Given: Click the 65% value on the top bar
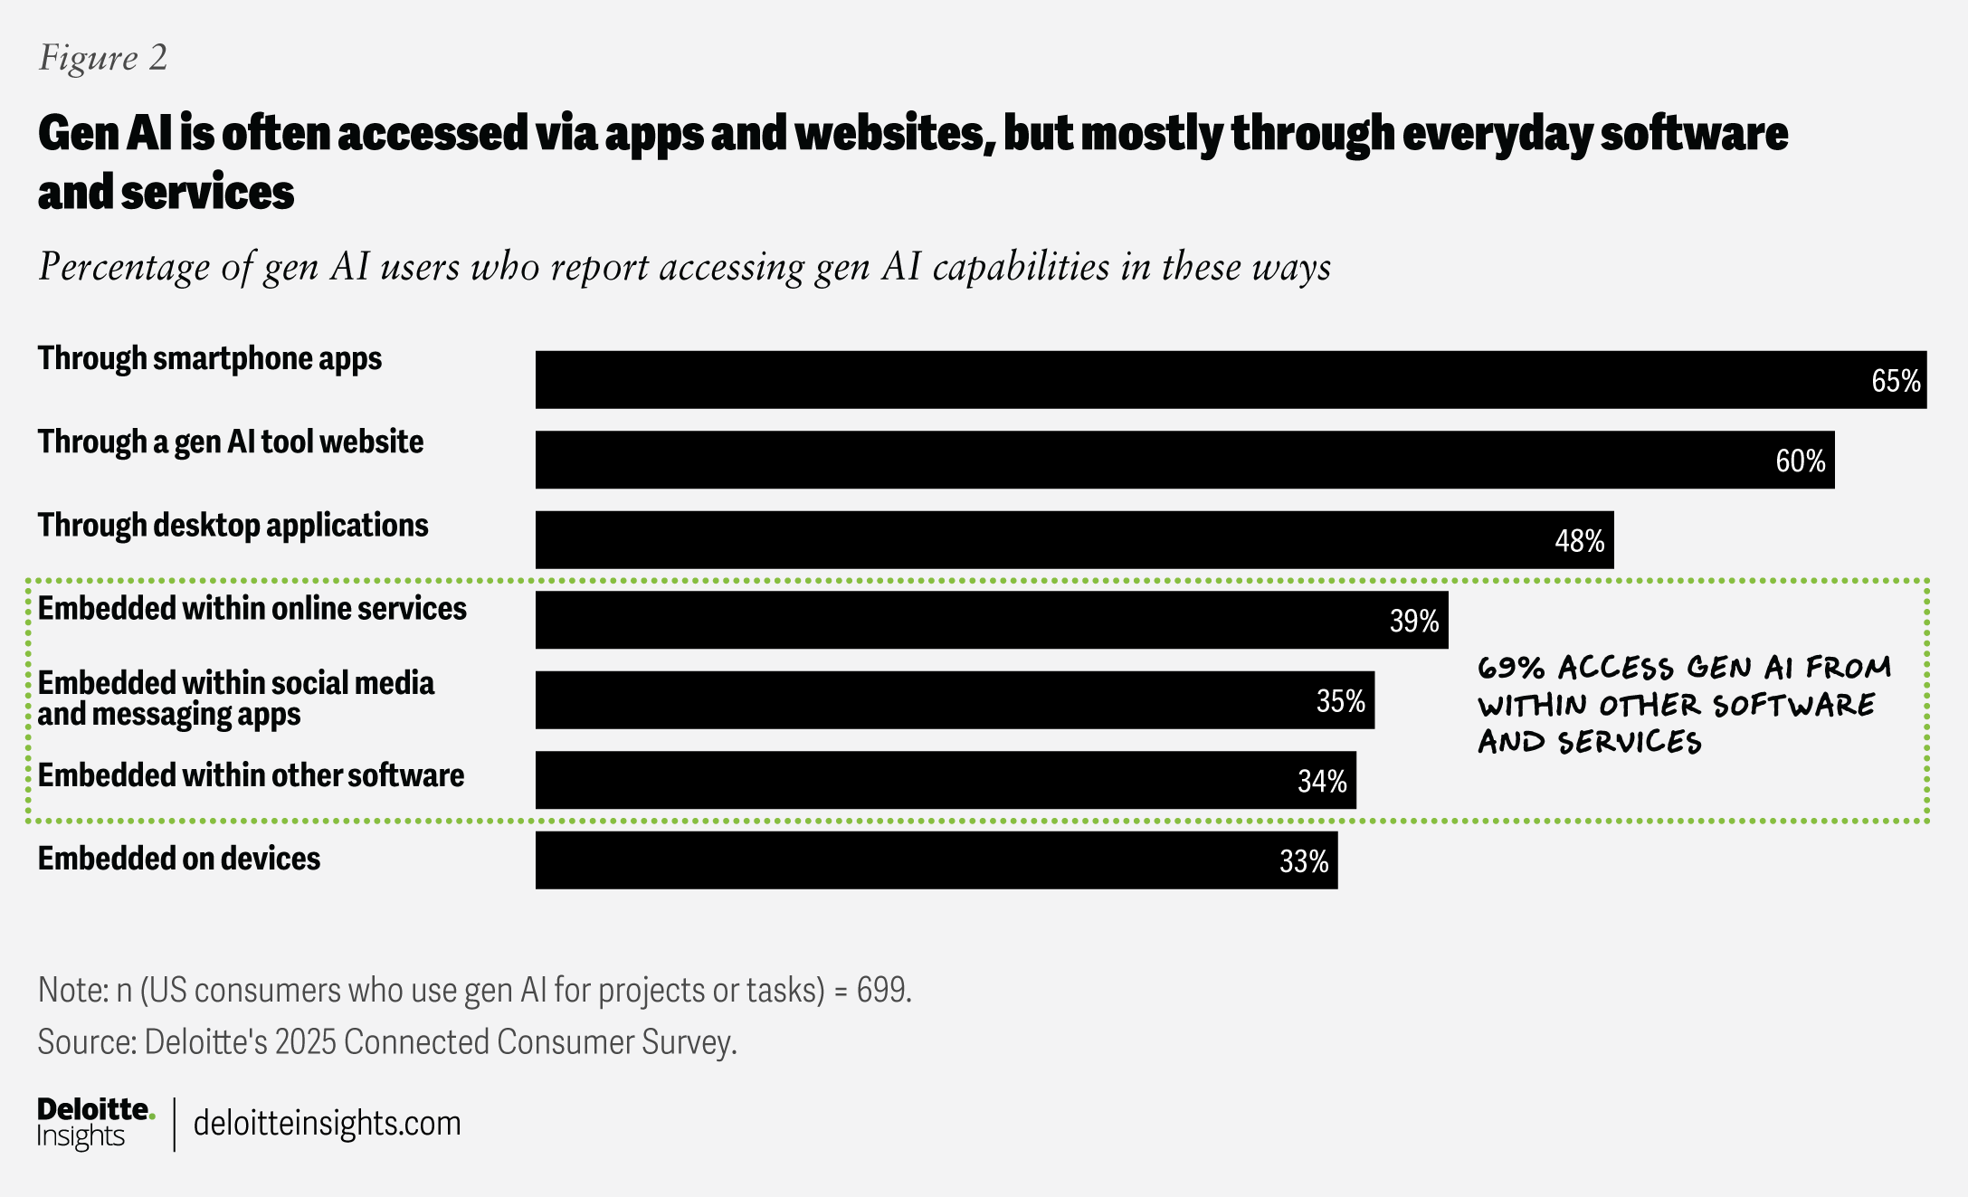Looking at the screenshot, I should tap(1895, 381).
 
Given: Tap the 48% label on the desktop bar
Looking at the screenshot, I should tap(1579, 541).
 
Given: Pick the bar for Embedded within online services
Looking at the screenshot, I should tap(991, 620).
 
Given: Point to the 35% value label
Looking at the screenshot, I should tap(1340, 701).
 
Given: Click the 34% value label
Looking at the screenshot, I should tap(1322, 781).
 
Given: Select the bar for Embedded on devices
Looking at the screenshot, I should tap(936, 860).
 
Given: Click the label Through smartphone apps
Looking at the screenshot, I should tap(210, 358).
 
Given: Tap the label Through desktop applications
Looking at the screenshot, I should tap(233, 526).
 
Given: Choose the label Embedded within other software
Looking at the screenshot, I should tap(251, 775).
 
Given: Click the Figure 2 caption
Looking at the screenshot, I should tap(103, 58).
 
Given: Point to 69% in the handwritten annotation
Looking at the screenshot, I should tap(1510, 669).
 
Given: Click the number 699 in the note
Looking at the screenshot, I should tap(881, 990).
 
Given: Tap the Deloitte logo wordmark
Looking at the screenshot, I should tap(95, 1110).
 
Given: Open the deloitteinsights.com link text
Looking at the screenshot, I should tap(327, 1124).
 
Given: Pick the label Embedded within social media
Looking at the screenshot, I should tap(235, 683).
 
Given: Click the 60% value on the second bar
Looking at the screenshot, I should tap(1800, 461).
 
